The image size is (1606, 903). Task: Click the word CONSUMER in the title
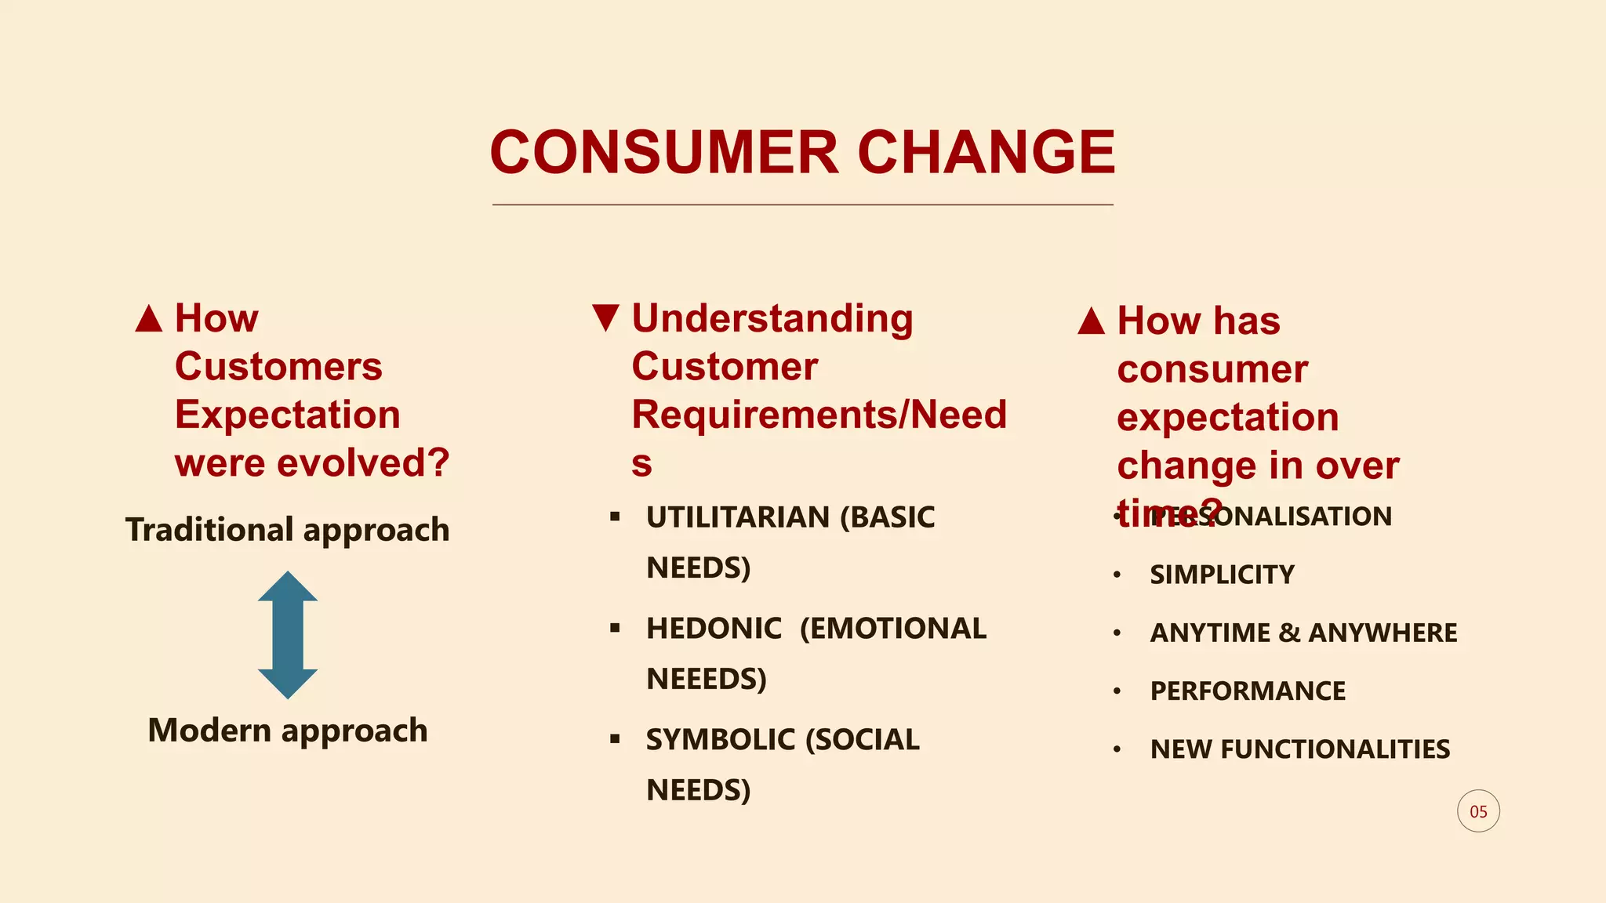(x=664, y=152)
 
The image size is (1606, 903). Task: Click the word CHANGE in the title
(x=986, y=152)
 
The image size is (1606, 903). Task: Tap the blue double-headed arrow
(x=288, y=635)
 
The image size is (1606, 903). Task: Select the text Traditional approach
(x=288, y=531)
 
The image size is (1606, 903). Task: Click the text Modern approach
(x=288, y=731)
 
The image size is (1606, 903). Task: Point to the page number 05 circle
(x=1478, y=811)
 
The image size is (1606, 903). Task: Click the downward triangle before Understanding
(x=606, y=317)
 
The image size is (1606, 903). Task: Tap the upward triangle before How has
(x=1092, y=321)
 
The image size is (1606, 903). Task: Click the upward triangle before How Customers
(x=149, y=318)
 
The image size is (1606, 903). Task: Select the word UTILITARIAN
(x=737, y=517)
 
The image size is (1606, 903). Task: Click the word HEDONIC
(x=714, y=629)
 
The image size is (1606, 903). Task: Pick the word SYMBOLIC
(x=720, y=740)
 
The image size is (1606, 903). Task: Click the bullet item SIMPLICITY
(x=1222, y=575)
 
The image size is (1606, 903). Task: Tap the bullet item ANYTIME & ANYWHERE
(x=1303, y=633)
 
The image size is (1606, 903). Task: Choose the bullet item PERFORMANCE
(x=1247, y=691)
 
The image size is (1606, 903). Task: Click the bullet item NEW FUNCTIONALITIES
(x=1299, y=749)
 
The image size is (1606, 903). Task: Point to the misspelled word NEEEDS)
(x=706, y=679)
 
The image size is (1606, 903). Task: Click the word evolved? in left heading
(x=363, y=463)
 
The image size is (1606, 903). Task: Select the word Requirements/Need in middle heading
(x=819, y=415)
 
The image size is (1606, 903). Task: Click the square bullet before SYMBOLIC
(x=615, y=738)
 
